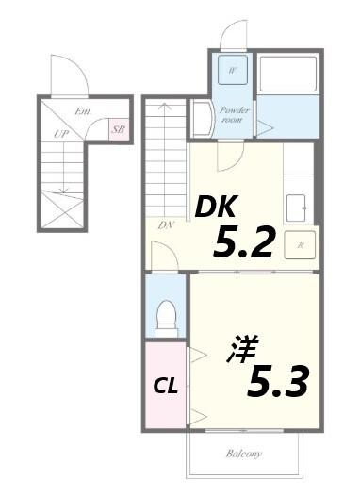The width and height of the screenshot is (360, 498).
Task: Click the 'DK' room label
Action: (x=217, y=207)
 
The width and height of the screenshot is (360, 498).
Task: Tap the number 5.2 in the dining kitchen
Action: (x=243, y=242)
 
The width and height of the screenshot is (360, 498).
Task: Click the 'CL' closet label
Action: (x=167, y=386)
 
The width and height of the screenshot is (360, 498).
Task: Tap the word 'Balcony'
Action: (x=243, y=454)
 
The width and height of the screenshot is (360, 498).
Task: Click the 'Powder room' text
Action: (x=235, y=114)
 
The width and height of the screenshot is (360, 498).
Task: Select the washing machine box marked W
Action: (x=231, y=71)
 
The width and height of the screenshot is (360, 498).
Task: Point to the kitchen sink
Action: (x=299, y=204)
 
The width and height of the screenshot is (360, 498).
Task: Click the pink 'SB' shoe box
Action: (x=120, y=129)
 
